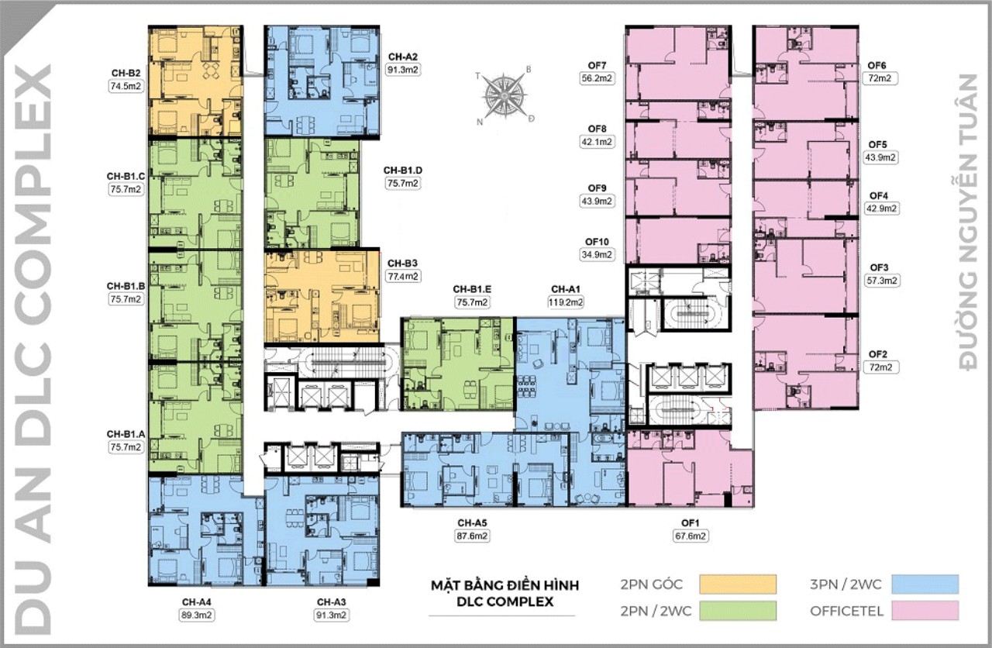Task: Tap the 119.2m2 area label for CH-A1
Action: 567,302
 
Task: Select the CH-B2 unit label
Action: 125,74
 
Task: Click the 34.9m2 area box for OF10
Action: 596,254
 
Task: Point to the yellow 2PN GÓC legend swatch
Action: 737,584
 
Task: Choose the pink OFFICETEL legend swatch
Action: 925,611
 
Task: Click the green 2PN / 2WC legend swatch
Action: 737,611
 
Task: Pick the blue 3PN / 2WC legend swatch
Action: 925,584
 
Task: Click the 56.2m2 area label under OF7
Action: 596,78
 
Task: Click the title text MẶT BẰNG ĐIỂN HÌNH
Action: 505,584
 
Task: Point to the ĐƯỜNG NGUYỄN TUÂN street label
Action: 968,221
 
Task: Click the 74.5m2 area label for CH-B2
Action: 125,88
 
